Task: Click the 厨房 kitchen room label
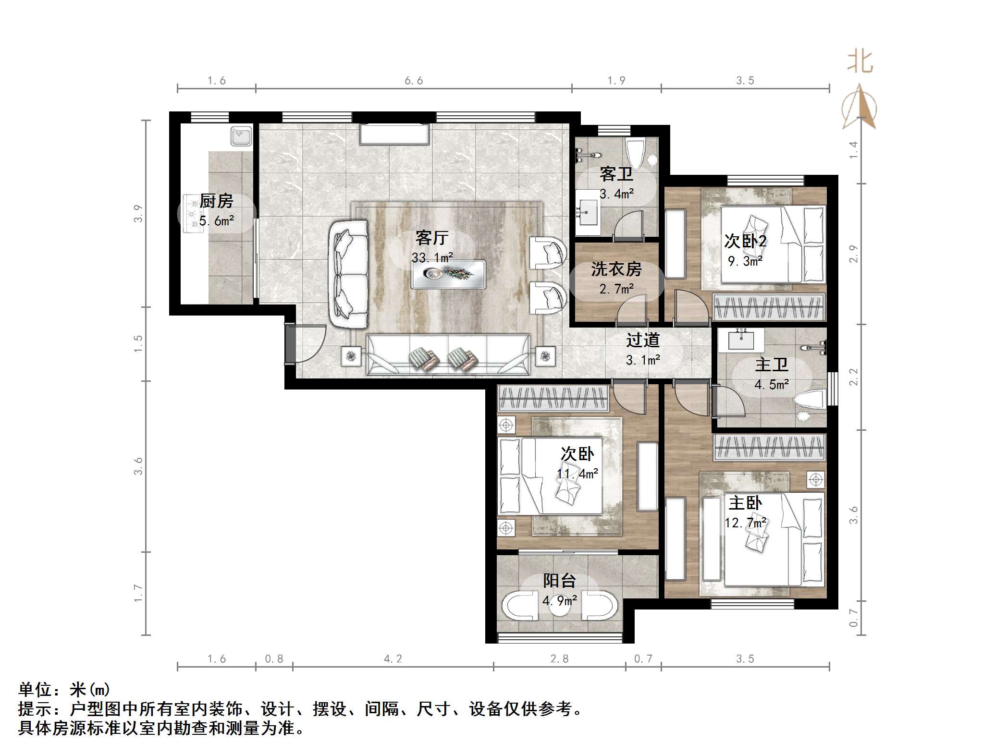[x=216, y=201]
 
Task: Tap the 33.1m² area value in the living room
[x=432, y=258]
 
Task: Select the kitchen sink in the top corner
[x=241, y=136]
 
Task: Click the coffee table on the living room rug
[x=448, y=274]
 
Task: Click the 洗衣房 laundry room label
[x=616, y=269]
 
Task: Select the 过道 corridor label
[x=642, y=341]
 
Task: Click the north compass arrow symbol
[x=859, y=108]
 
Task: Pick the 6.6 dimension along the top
[x=414, y=81]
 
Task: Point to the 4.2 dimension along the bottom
[x=393, y=659]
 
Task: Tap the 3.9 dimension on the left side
[x=138, y=214]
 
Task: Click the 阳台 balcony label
[x=559, y=581]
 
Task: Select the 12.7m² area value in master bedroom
[x=745, y=523]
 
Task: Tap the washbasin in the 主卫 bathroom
[x=740, y=340]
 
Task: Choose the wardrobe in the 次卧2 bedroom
[x=769, y=307]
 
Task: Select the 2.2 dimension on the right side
[x=853, y=377]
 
